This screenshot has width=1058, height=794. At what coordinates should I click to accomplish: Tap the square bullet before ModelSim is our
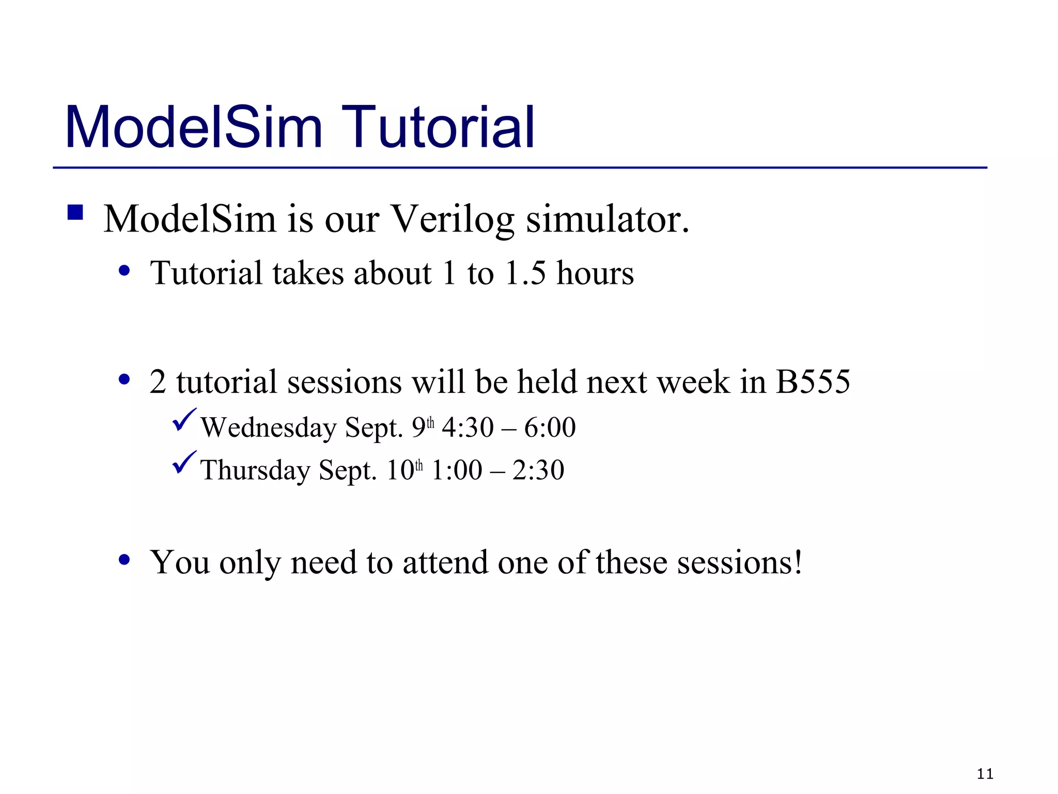pos(75,212)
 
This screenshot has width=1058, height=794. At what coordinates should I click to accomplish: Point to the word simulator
pos(607,219)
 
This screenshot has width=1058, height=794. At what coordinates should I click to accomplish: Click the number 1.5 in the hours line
pos(525,273)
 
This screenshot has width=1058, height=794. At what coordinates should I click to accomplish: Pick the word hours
pos(595,273)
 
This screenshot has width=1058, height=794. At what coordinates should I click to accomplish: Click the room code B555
pos(812,383)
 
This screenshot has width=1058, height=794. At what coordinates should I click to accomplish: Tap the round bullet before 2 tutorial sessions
pos(124,380)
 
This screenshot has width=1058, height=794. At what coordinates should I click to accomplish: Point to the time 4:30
pos(468,428)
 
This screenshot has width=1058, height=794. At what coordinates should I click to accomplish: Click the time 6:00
pos(550,428)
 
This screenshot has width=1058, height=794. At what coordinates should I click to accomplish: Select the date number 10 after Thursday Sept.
pos(400,471)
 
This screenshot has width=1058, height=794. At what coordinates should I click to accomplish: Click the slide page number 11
pos(985,774)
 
